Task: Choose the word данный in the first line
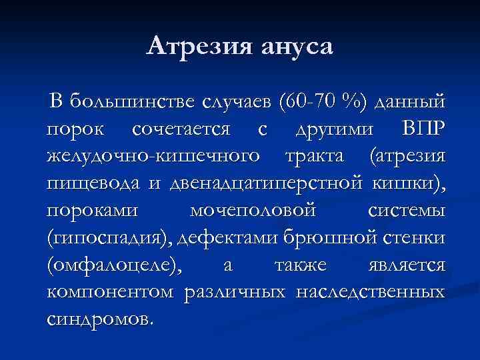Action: pos(411,101)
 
